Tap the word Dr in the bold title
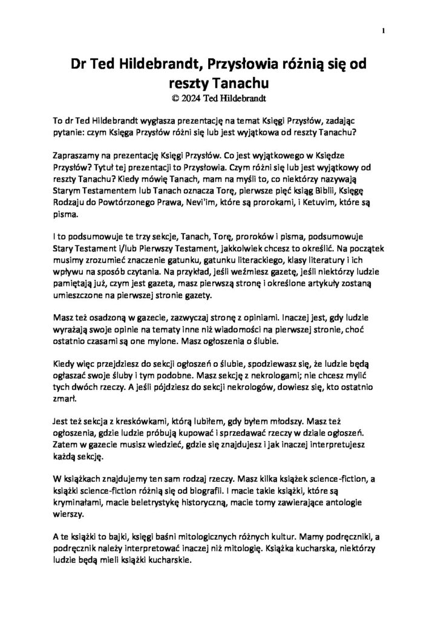80,63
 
